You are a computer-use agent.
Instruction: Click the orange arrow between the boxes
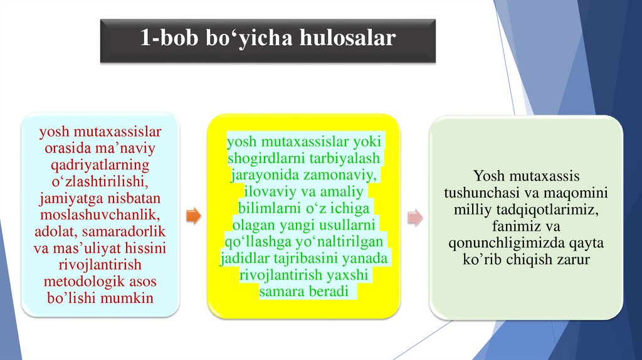[x=194, y=217]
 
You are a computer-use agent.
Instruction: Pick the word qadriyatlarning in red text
[x=100, y=166]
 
